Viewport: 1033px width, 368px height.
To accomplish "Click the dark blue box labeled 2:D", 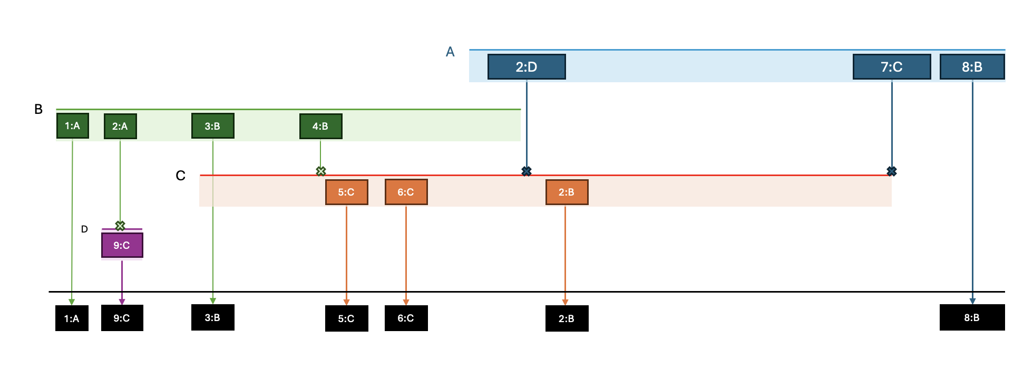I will [x=526, y=67].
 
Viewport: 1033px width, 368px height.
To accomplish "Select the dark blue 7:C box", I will [x=891, y=67].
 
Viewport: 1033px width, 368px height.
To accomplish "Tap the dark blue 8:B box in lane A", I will [x=971, y=67].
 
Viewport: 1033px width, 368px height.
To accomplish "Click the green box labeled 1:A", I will [x=72, y=126].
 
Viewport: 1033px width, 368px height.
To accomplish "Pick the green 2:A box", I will [x=120, y=127].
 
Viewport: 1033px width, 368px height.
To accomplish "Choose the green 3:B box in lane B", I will [x=212, y=127].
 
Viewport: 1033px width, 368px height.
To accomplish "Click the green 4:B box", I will [x=320, y=127].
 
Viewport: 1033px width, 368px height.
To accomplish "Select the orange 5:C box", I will [x=346, y=192].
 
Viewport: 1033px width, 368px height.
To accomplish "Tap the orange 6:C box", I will [x=406, y=192].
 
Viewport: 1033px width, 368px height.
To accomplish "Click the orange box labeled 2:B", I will [x=567, y=192].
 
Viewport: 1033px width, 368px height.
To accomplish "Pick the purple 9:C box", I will [x=122, y=245].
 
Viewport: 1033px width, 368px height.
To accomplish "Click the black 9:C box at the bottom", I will [x=122, y=318].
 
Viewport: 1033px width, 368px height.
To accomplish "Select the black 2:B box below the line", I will [x=567, y=318].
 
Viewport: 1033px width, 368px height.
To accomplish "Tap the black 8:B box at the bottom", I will [x=971, y=318].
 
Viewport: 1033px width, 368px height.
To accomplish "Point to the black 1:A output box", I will [x=72, y=318].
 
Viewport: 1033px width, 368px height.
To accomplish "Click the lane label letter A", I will [x=450, y=52].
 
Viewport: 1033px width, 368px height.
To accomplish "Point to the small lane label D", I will [x=84, y=229].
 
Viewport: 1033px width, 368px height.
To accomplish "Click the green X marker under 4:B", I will [x=320, y=171].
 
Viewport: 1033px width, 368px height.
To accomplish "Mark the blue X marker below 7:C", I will [x=891, y=171].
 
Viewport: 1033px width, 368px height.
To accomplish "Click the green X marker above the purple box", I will [x=120, y=226].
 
